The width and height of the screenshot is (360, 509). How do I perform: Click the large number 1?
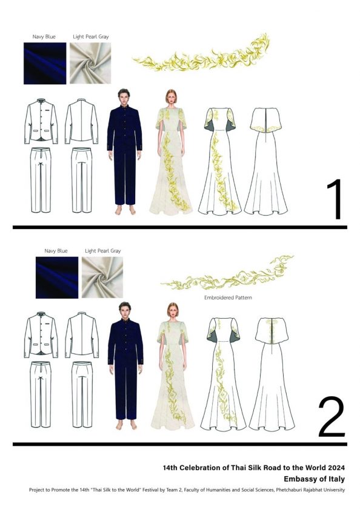point(335,199)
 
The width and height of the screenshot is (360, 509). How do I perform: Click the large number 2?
point(332,416)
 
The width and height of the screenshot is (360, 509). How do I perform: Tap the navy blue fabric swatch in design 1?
point(45,63)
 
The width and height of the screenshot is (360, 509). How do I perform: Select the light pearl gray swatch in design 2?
point(102,278)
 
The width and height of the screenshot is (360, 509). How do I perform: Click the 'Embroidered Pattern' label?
point(228,298)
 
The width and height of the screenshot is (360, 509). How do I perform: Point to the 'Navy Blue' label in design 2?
point(56,251)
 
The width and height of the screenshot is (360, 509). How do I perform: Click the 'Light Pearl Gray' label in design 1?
point(90,37)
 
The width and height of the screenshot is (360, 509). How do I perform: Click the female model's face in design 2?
point(172,311)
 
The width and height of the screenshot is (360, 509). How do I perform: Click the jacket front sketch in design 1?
point(41,121)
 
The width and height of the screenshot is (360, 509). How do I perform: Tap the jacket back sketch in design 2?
point(81,335)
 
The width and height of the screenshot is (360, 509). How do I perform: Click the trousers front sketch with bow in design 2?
point(41,394)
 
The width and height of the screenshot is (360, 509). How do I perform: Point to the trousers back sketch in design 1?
point(81,180)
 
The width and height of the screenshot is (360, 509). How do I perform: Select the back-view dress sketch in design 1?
point(265,161)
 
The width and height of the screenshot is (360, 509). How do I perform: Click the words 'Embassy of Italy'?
point(314,479)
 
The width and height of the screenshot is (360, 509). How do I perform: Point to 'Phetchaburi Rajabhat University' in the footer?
point(310,490)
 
